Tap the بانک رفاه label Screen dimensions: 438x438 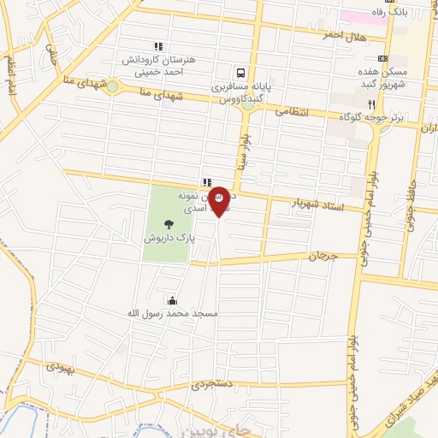(400, 14)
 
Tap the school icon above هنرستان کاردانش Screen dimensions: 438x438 (157, 46)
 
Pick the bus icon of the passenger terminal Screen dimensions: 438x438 (241, 74)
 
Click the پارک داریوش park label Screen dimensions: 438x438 (167, 240)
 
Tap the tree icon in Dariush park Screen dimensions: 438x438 (167, 225)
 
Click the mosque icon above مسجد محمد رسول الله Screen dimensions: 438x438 (174, 299)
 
